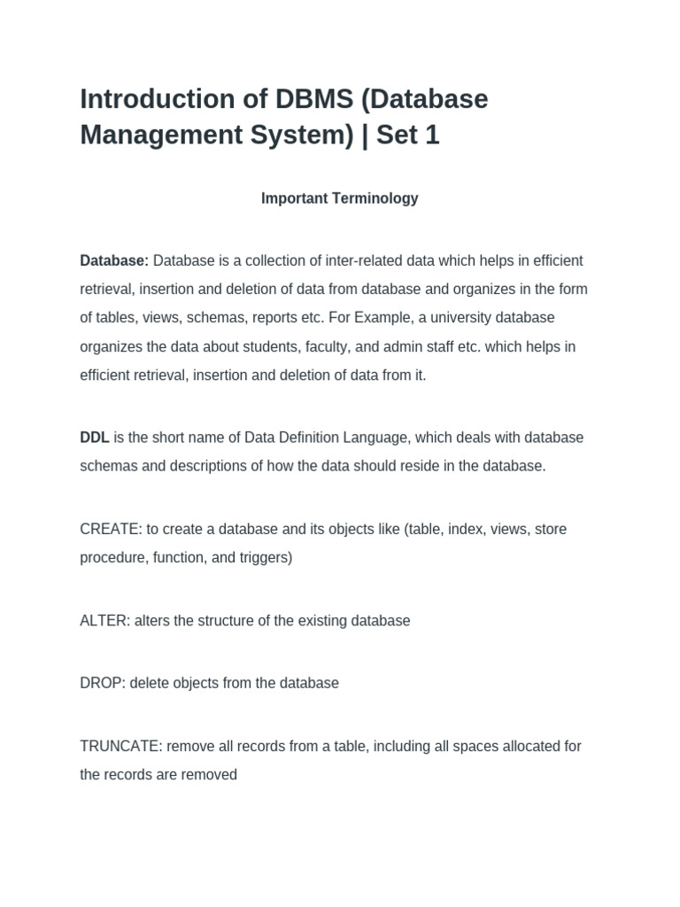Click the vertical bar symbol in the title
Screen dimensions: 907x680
coord(367,136)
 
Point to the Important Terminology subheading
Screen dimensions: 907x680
coord(339,198)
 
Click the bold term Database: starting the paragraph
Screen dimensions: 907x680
coord(114,260)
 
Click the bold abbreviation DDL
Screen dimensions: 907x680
coord(95,438)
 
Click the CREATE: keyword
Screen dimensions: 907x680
coord(111,529)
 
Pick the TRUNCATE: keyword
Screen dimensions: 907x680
coord(120,746)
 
